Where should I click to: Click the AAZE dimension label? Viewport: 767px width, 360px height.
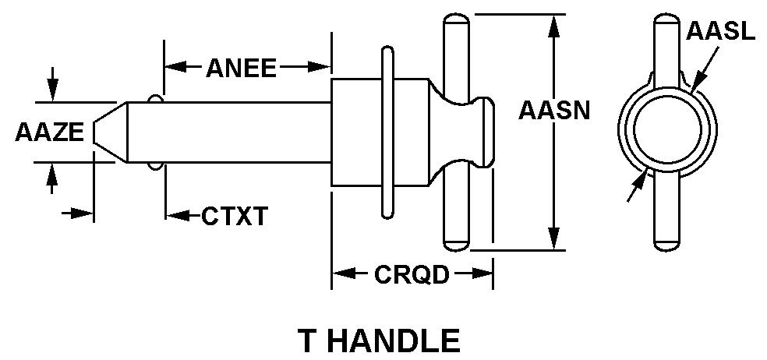pos(48,132)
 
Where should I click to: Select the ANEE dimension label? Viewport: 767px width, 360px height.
pos(241,69)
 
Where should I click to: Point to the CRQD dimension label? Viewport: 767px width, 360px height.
pos(412,274)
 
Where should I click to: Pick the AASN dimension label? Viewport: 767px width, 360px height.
pos(554,110)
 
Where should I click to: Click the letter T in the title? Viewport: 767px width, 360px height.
pos(309,341)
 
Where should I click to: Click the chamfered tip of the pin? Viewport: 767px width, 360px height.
pos(109,132)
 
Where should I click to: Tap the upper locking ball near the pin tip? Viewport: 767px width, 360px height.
pos(155,99)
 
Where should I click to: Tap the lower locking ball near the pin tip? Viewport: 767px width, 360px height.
pos(155,166)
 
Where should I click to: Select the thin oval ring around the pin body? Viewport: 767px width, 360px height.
pos(387,132)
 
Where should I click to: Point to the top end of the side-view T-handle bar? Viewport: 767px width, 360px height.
pos(455,23)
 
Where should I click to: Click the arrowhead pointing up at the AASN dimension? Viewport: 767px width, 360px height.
pos(554,23)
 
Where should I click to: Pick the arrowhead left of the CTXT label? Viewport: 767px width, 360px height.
pos(175,215)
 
